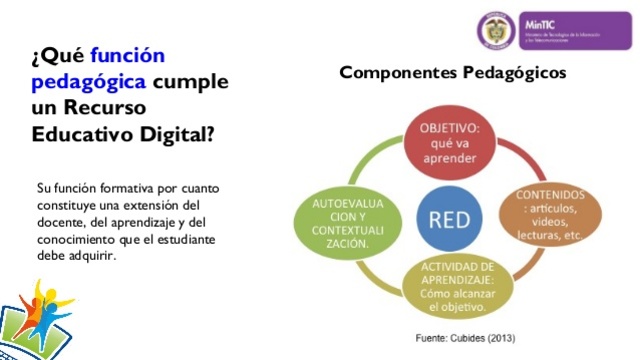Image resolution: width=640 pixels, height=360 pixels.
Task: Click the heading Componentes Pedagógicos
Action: coord(452,73)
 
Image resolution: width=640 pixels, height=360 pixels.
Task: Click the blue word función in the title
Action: coord(127,55)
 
